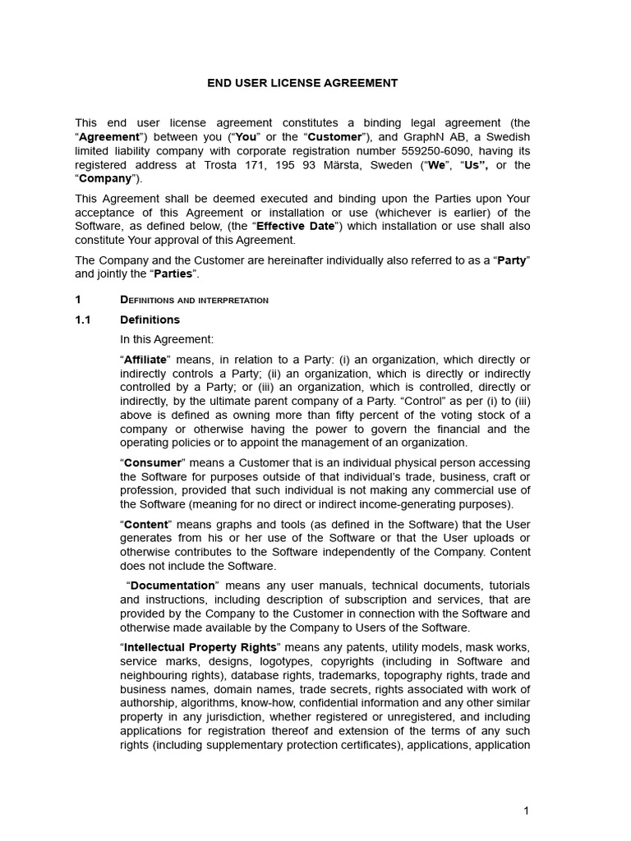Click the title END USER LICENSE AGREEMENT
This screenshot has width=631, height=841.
tap(302, 83)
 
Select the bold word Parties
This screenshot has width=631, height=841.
tap(173, 273)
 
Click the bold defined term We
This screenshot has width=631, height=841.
tap(436, 165)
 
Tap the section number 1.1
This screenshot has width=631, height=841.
tap(82, 319)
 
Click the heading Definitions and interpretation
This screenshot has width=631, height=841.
tap(194, 300)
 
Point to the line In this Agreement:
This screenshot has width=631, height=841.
tap(167, 339)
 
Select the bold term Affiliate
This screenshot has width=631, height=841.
tap(145, 360)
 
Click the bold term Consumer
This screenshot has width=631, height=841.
tap(152, 463)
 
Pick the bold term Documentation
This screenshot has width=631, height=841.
tap(172, 586)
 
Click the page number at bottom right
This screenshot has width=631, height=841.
tap(526, 811)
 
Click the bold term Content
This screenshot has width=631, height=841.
tap(146, 525)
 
